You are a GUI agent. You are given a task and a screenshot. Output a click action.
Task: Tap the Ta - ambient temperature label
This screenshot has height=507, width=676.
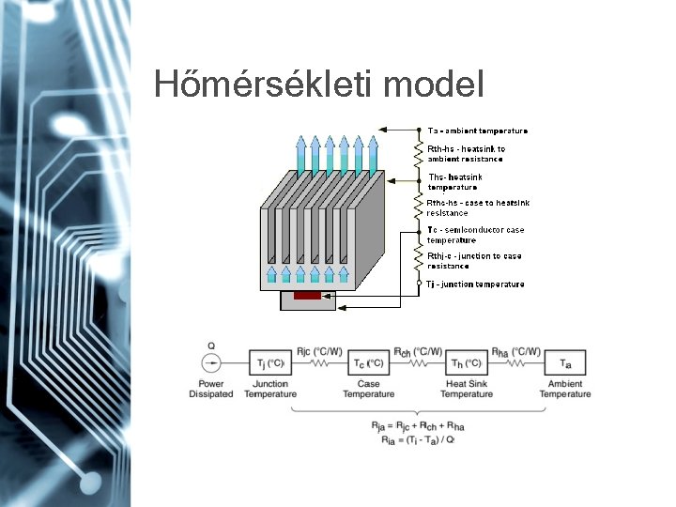478,131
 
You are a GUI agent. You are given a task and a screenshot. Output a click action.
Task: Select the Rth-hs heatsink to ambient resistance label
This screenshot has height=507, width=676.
466,154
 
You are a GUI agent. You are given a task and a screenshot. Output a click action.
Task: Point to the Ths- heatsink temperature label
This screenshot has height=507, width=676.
455,181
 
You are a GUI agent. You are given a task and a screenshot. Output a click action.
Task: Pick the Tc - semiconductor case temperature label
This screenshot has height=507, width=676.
475,235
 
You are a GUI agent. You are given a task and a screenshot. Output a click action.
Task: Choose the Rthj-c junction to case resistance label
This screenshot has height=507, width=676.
474,260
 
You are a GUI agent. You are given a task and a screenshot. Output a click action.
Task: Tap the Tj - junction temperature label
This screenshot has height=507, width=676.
476,284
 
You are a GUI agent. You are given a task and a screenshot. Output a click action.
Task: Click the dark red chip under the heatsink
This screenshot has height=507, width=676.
307,296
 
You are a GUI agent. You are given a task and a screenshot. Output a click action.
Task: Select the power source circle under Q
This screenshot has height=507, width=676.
210,363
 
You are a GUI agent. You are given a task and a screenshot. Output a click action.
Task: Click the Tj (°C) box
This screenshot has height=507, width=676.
270,363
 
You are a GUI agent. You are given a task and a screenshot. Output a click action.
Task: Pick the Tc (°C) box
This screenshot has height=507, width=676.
368,363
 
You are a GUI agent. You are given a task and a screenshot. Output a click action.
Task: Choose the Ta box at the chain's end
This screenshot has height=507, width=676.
565,363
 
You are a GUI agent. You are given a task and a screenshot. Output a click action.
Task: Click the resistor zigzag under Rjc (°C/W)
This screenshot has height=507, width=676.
319,363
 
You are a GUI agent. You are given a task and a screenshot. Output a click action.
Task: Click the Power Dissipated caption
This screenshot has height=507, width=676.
210,389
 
